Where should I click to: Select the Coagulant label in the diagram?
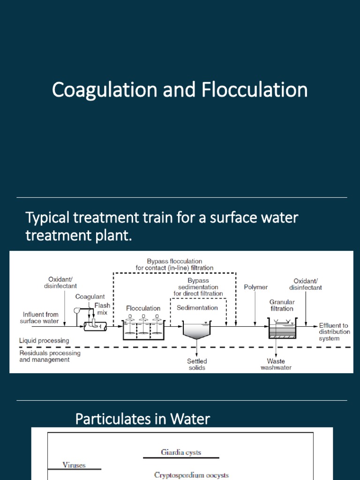90,297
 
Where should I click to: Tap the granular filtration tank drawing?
282,330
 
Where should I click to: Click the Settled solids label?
197,364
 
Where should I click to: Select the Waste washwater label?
276,364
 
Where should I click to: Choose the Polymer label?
255,287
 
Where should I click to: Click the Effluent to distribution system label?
334,332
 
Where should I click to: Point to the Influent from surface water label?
39,317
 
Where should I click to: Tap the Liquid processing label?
44,340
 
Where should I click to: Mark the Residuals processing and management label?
50,356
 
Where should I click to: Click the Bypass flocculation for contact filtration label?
174,264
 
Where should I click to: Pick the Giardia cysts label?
181,452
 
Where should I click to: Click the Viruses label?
74,465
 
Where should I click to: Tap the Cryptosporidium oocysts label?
191,475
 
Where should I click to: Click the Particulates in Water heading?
142,419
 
